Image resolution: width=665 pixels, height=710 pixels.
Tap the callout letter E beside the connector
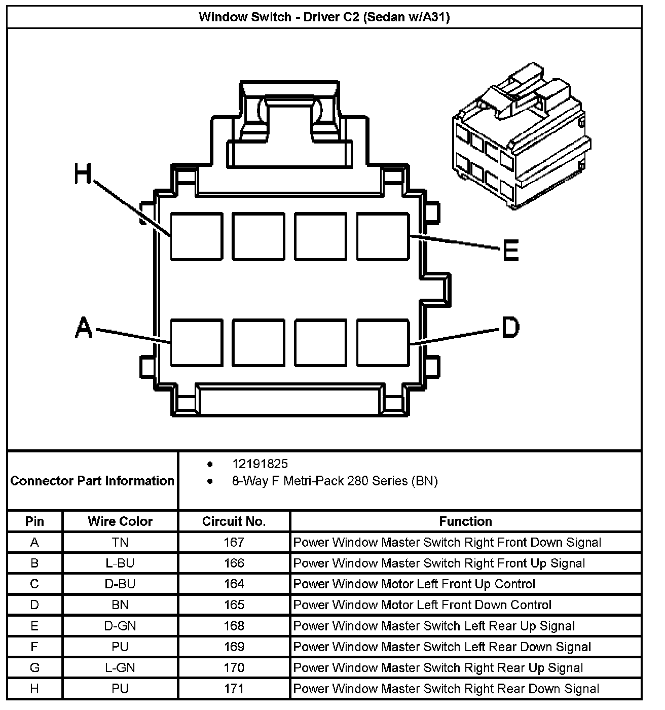pos(510,251)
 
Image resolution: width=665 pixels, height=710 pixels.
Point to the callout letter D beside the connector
pos(510,327)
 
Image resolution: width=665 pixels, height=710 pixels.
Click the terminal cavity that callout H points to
pos(196,237)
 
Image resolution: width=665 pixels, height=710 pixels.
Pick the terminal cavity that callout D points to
pos(383,342)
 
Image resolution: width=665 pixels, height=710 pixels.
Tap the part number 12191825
pos(260,464)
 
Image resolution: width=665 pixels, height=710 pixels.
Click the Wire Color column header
pos(120,521)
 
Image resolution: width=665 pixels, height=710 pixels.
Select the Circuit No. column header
pos(234,521)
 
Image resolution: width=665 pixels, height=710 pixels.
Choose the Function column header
pos(465,521)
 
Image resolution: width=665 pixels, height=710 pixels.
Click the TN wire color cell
pos(120,543)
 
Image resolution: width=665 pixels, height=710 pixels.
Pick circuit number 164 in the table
pos(234,584)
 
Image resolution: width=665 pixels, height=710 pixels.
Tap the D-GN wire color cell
pos(120,626)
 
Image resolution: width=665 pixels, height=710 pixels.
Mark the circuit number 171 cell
pos(234,689)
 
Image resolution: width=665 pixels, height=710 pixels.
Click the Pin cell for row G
pos(34,668)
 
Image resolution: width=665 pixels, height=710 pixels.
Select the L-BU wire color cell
pos(120,563)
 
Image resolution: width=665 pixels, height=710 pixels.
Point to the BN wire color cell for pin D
pos(120,605)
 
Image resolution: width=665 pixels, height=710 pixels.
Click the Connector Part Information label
pos(92,481)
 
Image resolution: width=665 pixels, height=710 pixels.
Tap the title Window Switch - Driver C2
pos(324,17)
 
